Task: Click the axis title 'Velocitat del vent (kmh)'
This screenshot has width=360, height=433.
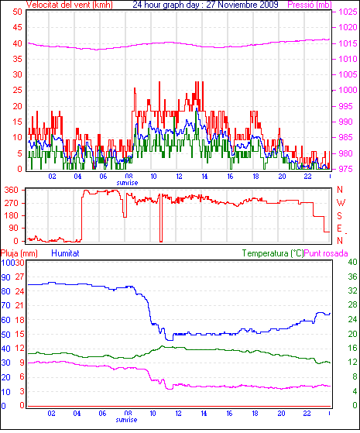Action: (70, 5)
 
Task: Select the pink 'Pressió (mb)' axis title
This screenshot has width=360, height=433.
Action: (310, 5)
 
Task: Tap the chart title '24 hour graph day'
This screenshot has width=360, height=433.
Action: (166, 5)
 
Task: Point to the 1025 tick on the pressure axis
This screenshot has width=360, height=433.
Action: (348, 12)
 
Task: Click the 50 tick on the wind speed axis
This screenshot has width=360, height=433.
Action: (17, 12)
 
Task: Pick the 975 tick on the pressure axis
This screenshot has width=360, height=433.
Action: (345, 169)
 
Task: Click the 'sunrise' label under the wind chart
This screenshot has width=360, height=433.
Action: (127, 183)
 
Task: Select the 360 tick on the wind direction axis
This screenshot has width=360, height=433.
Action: (12, 190)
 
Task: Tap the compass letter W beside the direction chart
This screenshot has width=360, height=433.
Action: (341, 203)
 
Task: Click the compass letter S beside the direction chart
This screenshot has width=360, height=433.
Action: (340, 215)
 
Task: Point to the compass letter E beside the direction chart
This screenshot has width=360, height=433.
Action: (340, 229)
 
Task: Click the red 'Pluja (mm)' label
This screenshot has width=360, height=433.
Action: (19, 253)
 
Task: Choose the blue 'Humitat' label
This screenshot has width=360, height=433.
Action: (66, 253)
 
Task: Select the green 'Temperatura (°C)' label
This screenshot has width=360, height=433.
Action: (273, 253)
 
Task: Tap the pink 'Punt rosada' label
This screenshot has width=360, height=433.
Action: (326, 253)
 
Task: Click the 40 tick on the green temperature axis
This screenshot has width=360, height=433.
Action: (352, 262)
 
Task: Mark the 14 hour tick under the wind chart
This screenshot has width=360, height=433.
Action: (204, 176)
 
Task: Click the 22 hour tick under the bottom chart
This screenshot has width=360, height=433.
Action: (307, 413)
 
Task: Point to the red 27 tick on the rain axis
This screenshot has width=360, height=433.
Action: (20, 277)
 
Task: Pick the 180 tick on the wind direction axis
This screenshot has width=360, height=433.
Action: (12, 215)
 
